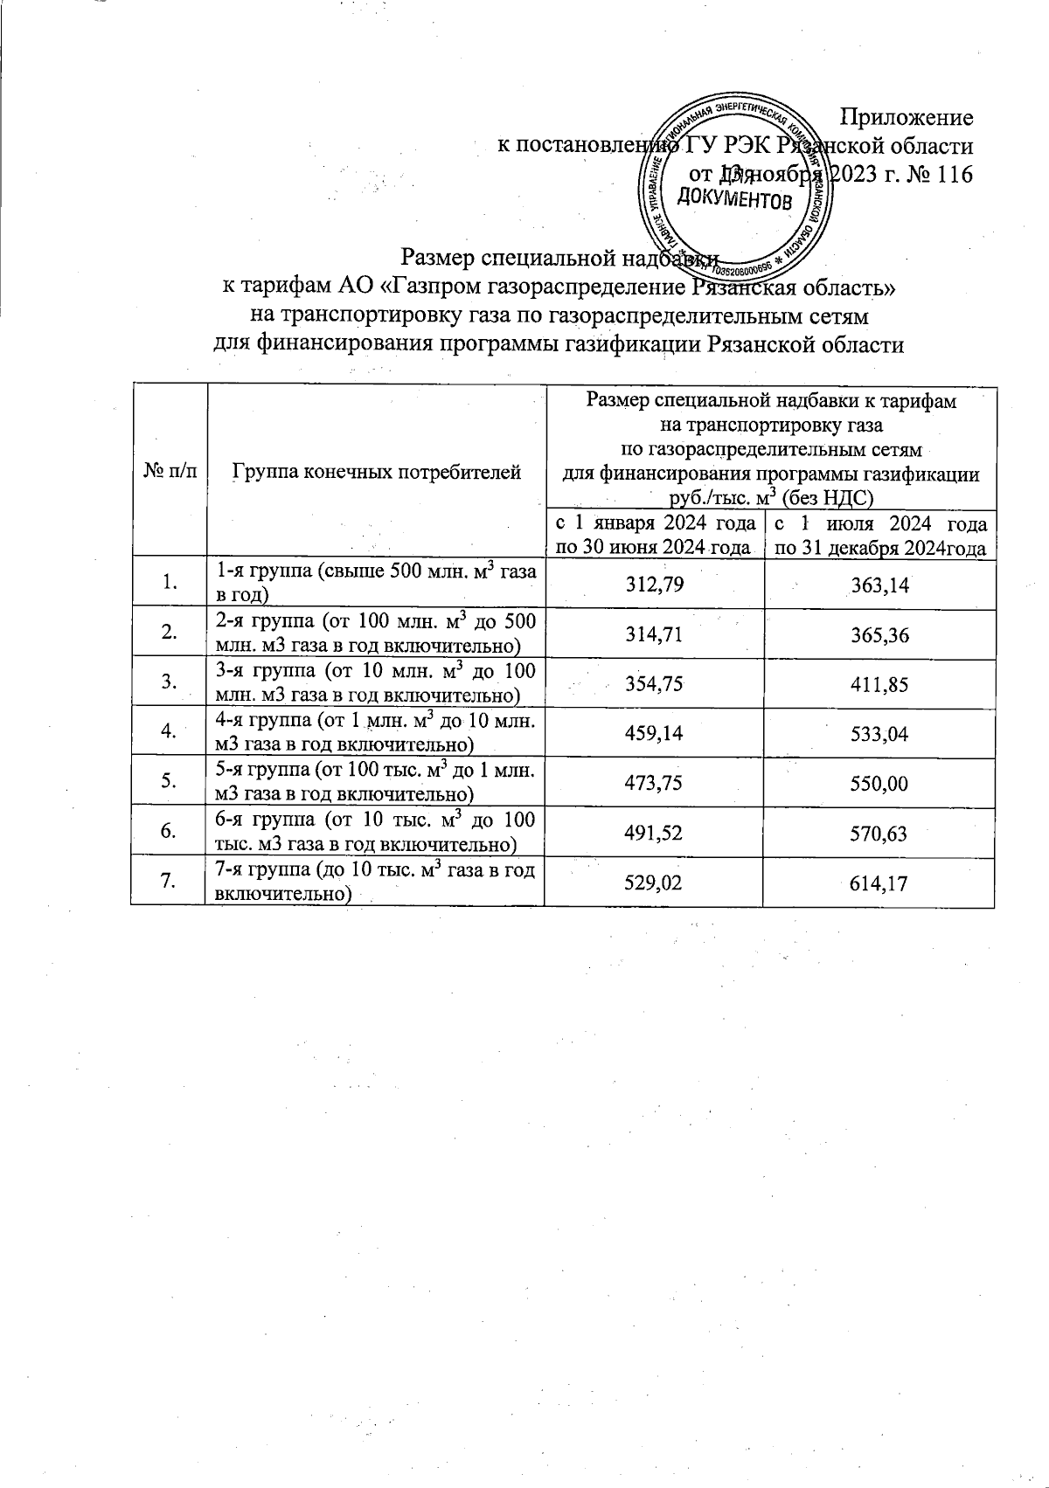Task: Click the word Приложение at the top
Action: pos(907,117)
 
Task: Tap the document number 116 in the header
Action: pos(954,174)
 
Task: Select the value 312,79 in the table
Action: pos(654,585)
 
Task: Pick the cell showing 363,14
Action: pos(879,585)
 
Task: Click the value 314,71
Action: pos(654,634)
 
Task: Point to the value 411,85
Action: pos(879,684)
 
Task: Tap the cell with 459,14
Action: pos(654,734)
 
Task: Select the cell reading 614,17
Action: pos(879,883)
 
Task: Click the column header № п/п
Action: pos(169,473)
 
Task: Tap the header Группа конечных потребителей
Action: pos(377,473)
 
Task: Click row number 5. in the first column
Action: pos(169,783)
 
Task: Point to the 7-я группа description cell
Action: pos(375,882)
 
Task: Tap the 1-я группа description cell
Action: pos(375,583)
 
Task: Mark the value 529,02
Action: pos(654,883)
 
